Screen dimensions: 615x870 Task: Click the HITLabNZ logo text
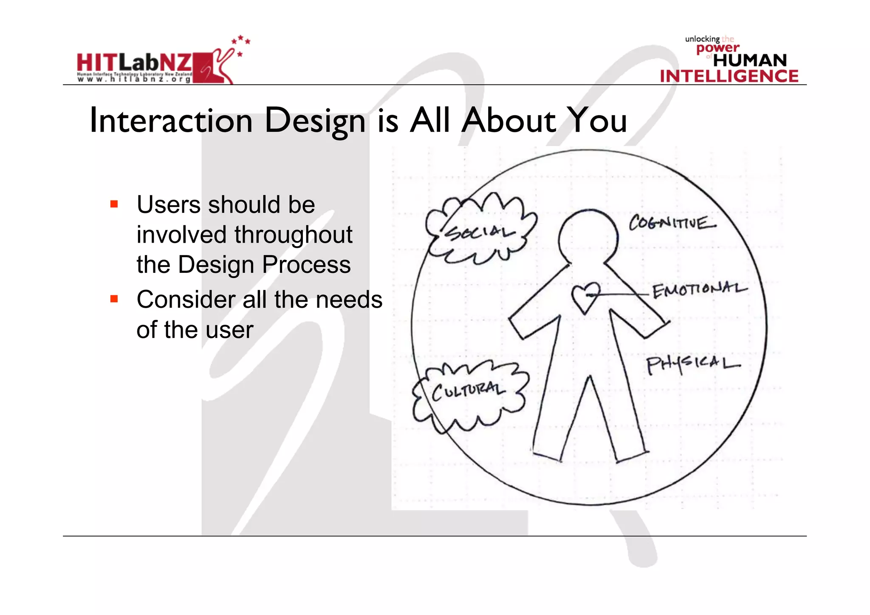pyautogui.click(x=134, y=63)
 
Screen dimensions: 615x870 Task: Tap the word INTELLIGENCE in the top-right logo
pyautogui.click(x=729, y=76)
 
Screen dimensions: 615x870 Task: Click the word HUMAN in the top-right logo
pyautogui.click(x=750, y=60)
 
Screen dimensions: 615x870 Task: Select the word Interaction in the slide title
pyautogui.click(x=171, y=120)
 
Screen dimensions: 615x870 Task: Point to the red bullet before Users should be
pyautogui.click(x=114, y=204)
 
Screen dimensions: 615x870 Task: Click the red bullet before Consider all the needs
pyautogui.click(x=114, y=299)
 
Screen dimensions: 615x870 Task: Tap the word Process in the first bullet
pyautogui.click(x=306, y=264)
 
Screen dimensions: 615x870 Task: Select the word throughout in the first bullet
pyautogui.click(x=294, y=235)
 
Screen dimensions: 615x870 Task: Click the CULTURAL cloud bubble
pyautogui.click(x=469, y=393)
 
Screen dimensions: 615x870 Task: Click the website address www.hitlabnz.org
pyautogui.click(x=134, y=79)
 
